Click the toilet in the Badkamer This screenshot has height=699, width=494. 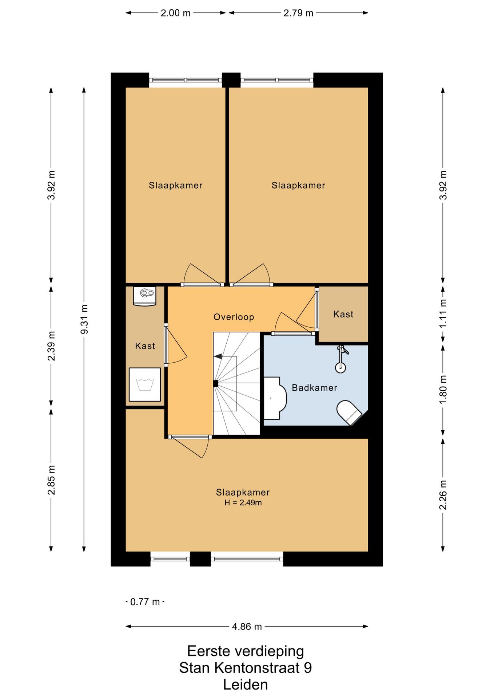point(349,413)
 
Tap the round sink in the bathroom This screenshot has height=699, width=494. point(340,367)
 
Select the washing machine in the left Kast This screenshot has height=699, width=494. point(145,384)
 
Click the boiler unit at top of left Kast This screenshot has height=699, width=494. point(145,296)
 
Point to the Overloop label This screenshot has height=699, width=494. point(234,317)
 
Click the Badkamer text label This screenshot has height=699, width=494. point(315,388)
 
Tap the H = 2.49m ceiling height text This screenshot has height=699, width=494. point(243,503)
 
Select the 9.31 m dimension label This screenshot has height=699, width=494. point(84,319)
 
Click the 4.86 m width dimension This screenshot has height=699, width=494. point(247,627)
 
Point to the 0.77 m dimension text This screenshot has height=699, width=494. point(145,602)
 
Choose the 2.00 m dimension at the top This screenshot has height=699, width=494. point(176,13)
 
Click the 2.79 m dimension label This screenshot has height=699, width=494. point(298,13)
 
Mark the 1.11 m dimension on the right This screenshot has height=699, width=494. point(443,313)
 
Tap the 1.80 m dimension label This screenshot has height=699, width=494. point(443,390)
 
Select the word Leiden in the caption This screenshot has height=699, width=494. point(246,685)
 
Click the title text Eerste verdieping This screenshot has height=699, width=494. point(246,651)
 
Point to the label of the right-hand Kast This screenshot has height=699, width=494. point(343,314)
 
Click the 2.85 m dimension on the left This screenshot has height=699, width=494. point(51,480)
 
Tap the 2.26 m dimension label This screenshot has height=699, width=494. point(443,495)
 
